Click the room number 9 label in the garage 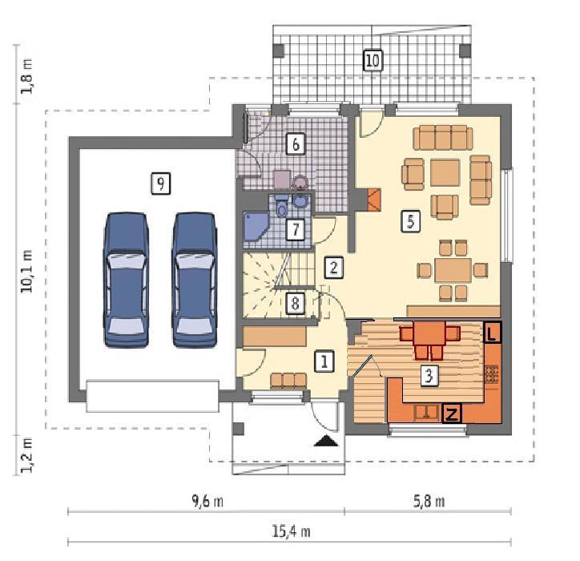(160, 184)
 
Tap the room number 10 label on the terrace (373, 60)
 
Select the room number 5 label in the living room (411, 221)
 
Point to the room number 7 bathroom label (296, 229)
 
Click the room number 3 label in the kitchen (429, 376)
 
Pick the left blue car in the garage (126, 280)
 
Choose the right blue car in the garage (195, 280)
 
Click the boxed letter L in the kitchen (492, 333)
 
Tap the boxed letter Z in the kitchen (452, 414)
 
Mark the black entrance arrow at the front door (326, 441)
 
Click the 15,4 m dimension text (291, 532)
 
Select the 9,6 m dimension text (207, 502)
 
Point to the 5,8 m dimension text (429, 502)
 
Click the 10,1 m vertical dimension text (27, 271)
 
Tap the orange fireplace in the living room (374, 200)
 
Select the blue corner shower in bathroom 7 (256, 227)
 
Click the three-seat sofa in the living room (442, 137)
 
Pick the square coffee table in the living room (445, 172)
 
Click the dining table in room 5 (453, 270)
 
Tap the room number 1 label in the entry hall (324, 361)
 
